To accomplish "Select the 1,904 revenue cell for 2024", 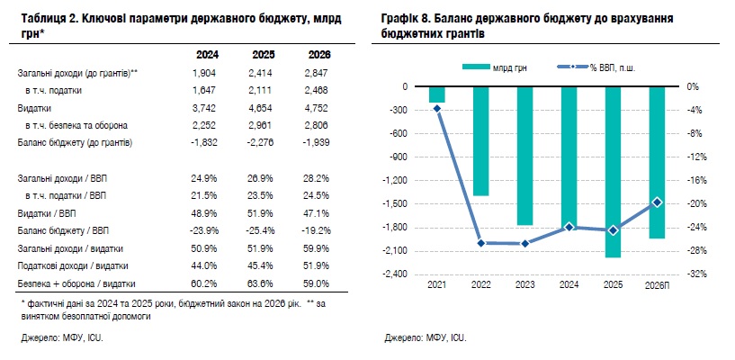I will coord(205,72).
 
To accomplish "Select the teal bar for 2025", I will coord(613,172).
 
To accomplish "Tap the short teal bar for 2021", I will coord(437,94).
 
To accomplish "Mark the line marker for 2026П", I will coord(657,202).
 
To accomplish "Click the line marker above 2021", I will coord(437,108).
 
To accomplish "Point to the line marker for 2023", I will coord(524,243).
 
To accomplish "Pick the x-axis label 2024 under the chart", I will coord(569,285).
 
